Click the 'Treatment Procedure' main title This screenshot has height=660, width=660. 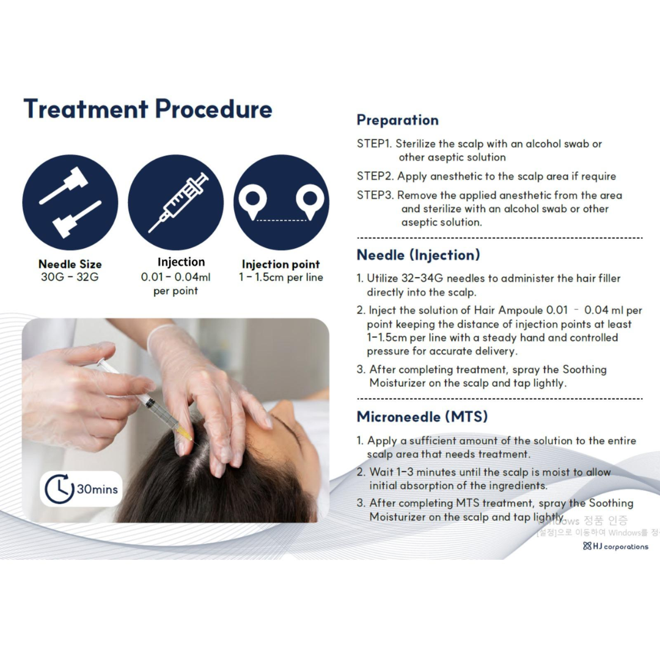point(148,109)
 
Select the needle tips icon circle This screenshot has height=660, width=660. point(70,202)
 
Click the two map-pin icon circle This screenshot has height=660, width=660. point(282,202)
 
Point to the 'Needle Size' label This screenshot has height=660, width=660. point(70,265)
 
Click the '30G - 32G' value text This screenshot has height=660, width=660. point(70,277)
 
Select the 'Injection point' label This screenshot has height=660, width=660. point(280,265)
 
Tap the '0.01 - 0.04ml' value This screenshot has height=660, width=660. point(175,277)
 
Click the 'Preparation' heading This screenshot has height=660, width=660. point(398,120)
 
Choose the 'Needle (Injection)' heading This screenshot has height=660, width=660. point(419,255)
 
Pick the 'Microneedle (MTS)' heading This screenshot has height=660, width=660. point(422,417)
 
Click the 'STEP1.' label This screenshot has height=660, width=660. point(374,144)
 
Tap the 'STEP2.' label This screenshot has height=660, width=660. point(375,176)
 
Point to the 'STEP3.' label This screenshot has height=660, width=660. point(375,196)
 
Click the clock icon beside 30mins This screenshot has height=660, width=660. point(59,489)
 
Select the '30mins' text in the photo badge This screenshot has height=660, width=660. point(97,490)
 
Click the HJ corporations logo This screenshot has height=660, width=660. point(615,546)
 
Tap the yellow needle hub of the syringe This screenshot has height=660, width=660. point(183,432)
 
